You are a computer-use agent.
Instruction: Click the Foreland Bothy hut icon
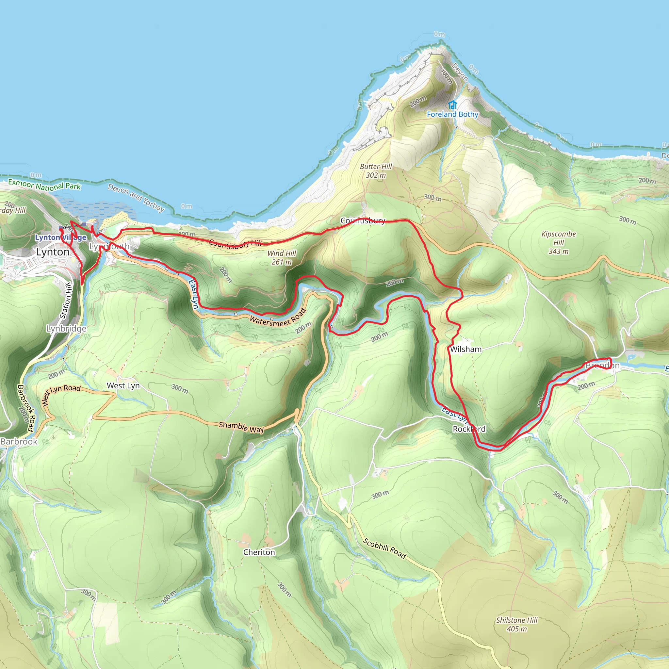[x=452, y=105]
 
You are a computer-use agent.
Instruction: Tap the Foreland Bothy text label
[x=452, y=114]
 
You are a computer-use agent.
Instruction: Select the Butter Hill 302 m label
[x=376, y=171]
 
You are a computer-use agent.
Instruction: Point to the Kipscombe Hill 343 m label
[x=559, y=242]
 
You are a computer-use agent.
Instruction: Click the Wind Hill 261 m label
[x=282, y=258]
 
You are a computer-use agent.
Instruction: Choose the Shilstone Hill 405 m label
[x=517, y=624]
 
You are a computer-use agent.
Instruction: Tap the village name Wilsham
[x=466, y=349]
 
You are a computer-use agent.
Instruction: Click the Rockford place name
[x=469, y=429]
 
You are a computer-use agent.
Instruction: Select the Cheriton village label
[x=259, y=552]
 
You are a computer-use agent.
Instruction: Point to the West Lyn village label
[x=123, y=386]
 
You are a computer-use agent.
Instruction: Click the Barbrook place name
[x=19, y=442]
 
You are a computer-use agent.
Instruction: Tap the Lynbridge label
[x=67, y=328]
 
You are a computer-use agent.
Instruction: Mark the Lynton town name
[x=53, y=252]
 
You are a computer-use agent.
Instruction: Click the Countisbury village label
[x=363, y=220]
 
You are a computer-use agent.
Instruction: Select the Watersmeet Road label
[x=278, y=318]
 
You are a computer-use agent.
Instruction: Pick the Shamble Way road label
[x=241, y=427]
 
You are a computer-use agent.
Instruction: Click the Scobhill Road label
[x=384, y=548]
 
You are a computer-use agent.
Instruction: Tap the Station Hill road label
[x=66, y=300]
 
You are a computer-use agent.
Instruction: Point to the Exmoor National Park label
[x=44, y=185]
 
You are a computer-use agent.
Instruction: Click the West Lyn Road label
[x=61, y=394]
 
